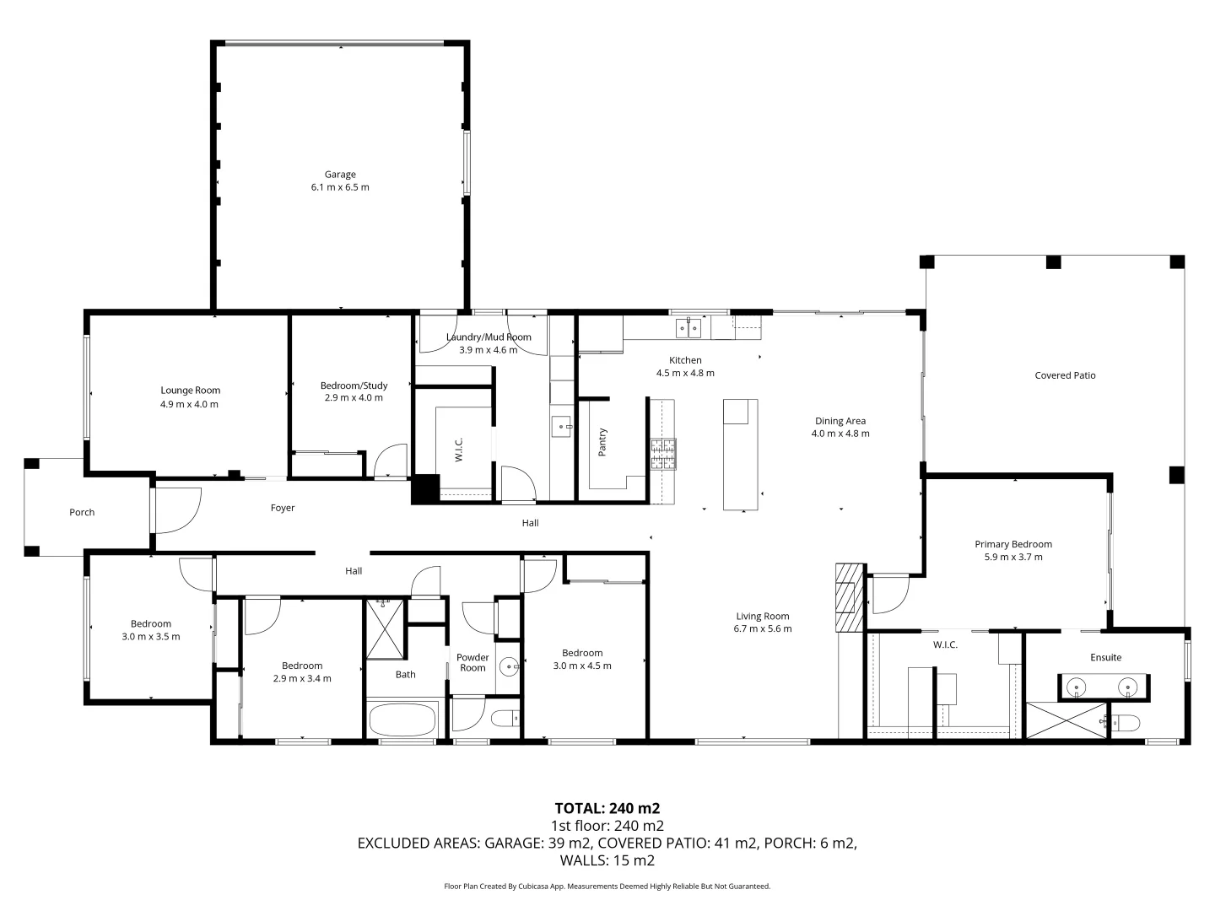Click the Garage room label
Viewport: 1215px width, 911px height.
(340, 175)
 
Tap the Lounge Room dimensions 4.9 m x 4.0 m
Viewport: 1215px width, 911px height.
(189, 404)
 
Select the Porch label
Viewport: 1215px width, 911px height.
(82, 512)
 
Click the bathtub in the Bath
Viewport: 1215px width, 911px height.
(402, 719)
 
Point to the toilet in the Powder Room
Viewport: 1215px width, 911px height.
(505, 719)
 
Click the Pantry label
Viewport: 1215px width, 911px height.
(602, 442)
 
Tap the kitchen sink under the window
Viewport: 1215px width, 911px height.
(688, 328)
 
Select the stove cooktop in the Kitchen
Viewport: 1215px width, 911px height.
(663, 454)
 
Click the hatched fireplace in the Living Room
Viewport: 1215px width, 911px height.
(850, 597)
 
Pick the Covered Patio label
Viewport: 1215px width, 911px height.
(1065, 375)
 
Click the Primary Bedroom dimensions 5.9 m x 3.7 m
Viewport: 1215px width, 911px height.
(1013, 557)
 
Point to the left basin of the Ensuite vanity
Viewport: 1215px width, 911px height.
(1076, 687)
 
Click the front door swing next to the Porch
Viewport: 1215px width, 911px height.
(178, 510)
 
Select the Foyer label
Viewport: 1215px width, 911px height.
(283, 508)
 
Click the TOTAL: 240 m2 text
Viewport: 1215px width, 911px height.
(607, 808)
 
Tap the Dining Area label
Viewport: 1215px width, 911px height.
(840, 421)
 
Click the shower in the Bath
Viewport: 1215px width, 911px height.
(386, 629)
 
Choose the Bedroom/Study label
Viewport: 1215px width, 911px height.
(354, 385)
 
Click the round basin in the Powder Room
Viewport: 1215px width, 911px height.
(509, 667)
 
